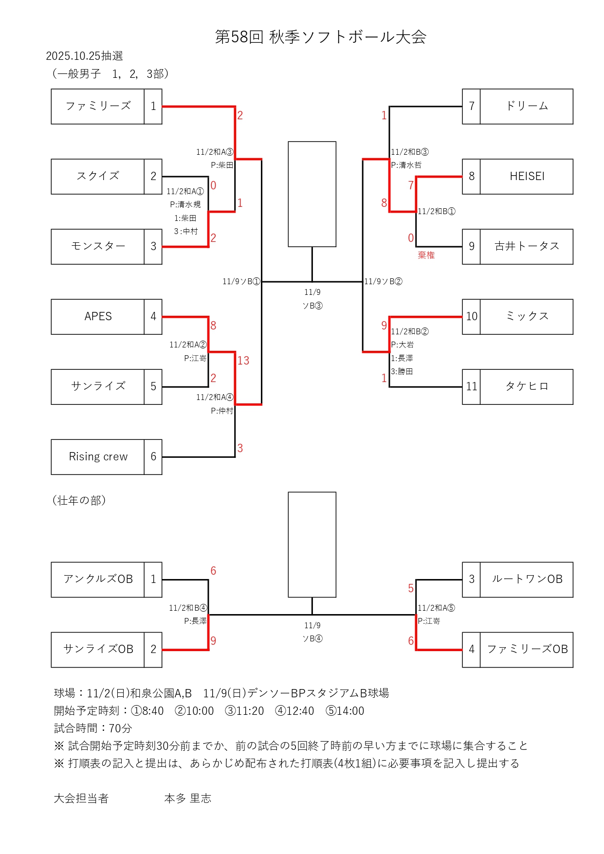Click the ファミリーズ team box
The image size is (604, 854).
click(x=98, y=106)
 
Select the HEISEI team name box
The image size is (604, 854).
click(x=527, y=176)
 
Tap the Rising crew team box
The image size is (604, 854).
click(x=98, y=456)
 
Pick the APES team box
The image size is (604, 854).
click(x=98, y=316)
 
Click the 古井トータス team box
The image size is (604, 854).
click(x=527, y=246)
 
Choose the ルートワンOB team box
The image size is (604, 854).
click(x=527, y=579)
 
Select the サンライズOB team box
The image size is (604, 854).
click(x=98, y=649)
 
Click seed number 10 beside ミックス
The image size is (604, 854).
click(x=471, y=316)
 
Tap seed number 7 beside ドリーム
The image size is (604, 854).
click(x=471, y=106)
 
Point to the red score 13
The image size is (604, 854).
click(x=243, y=361)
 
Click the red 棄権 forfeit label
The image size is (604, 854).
click(x=426, y=255)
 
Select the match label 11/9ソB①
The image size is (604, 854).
click(x=241, y=281)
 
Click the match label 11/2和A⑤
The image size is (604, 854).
click(x=436, y=608)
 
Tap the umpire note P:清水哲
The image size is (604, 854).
click(x=406, y=165)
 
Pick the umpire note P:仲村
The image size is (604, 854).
click(x=222, y=411)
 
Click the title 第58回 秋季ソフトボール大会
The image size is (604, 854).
click(x=321, y=37)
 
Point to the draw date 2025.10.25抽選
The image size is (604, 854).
click(x=84, y=56)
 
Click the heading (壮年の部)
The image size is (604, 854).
click(x=79, y=500)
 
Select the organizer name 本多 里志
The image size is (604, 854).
click(x=188, y=799)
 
